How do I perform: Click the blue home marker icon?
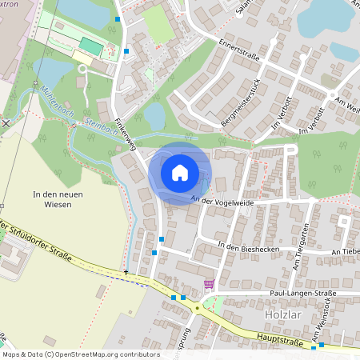click(180, 173)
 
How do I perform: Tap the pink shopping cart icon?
click(209, 283)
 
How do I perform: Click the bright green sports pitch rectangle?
click(90, 47)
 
